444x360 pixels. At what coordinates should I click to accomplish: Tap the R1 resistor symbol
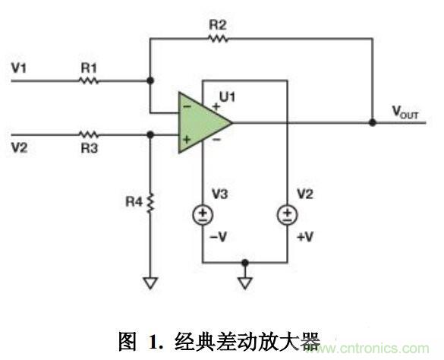click(x=90, y=79)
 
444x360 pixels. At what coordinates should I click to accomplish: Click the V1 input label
click(x=18, y=68)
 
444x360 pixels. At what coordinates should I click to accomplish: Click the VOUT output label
click(x=406, y=112)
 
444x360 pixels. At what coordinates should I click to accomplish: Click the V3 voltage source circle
click(x=202, y=215)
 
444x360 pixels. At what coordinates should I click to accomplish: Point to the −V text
click(x=219, y=237)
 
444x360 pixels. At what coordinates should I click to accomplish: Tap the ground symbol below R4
click(x=150, y=283)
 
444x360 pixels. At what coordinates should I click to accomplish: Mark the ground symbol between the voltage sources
click(x=245, y=283)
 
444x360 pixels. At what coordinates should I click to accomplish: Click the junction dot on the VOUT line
click(x=372, y=122)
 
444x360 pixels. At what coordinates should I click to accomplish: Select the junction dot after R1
click(x=150, y=79)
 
